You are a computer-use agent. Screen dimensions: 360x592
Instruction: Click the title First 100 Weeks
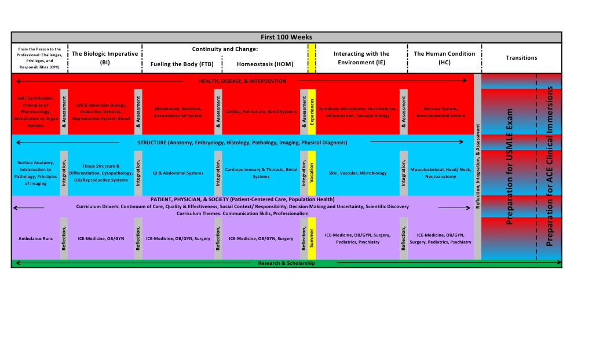pyautogui.click(x=286, y=37)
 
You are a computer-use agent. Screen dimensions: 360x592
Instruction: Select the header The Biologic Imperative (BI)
pyautogui.click(x=105, y=57)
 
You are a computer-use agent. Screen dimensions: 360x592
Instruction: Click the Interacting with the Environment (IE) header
pyautogui.click(x=361, y=57)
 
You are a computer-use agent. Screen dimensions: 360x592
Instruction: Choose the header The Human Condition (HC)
pyautogui.click(x=444, y=57)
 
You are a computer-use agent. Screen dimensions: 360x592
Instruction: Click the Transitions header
pyautogui.click(x=521, y=57)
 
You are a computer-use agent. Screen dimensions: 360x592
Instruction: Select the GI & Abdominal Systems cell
pyautogui.click(x=178, y=173)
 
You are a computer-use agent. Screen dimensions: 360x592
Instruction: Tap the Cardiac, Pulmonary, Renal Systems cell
pyautogui.click(x=261, y=111)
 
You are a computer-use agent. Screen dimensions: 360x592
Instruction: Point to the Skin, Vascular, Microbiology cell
pyautogui.click(x=357, y=173)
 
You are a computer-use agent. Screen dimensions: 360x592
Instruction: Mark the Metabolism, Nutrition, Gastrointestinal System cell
pyautogui.click(x=178, y=112)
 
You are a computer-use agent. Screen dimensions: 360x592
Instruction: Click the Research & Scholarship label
pyautogui.click(x=286, y=263)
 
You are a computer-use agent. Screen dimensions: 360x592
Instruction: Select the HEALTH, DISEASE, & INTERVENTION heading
pyautogui.click(x=242, y=81)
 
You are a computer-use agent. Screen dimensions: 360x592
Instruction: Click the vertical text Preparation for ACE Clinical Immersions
pyautogui.click(x=550, y=166)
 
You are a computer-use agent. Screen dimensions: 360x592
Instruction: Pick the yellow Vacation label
pyautogui.click(x=312, y=173)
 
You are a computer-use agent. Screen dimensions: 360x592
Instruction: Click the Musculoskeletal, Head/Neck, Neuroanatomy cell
pyautogui.click(x=441, y=173)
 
